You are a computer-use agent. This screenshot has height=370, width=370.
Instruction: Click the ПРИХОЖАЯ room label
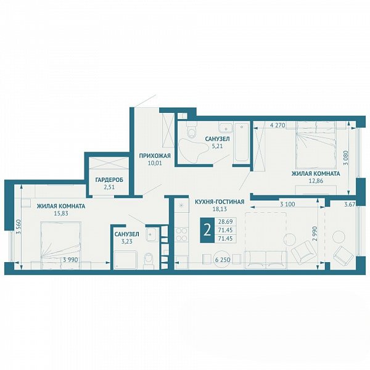(x=155, y=156)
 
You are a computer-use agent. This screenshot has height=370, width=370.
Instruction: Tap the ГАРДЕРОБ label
(x=109, y=180)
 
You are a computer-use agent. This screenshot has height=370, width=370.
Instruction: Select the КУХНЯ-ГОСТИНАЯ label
(x=220, y=202)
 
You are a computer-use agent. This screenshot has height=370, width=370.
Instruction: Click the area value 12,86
(x=316, y=181)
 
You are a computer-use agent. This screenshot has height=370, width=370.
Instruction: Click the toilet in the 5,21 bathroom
(x=191, y=130)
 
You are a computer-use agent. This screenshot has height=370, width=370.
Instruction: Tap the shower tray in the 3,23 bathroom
(x=125, y=260)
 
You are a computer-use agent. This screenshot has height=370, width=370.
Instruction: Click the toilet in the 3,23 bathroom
(x=149, y=260)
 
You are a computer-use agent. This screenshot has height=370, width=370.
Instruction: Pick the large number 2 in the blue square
(x=207, y=230)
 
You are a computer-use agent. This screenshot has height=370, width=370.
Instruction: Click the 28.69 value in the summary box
(x=225, y=221)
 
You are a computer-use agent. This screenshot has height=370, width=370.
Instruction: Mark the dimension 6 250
(x=223, y=260)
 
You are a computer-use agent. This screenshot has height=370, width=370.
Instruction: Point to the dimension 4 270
(x=277, y=125)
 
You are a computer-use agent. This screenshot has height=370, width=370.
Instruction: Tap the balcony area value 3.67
(x=350, y=204)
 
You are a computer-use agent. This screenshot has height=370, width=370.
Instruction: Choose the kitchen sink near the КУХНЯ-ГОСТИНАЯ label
(x=182, y=205)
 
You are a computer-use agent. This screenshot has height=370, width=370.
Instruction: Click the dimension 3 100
(x=287, y=204)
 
